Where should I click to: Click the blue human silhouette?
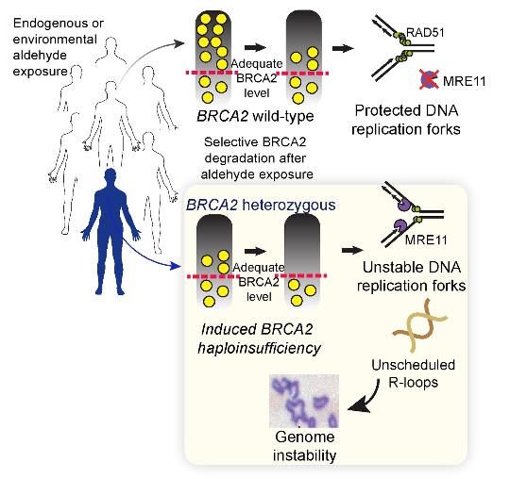(110, 227)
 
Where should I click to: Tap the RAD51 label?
(425, 32)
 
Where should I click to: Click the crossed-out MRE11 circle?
(430, 79)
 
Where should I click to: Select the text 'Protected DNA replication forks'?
(406, 120)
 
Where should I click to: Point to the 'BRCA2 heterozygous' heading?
(261, 205)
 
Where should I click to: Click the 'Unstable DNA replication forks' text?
(412, 276)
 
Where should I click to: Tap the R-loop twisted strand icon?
(420, 325)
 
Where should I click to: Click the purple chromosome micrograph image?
(304, 401)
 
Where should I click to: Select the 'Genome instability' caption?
(304, 446)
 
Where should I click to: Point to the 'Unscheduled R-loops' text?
(413, 373)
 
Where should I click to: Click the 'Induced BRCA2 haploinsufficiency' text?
(259, 339)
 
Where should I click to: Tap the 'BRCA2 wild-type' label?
(255, 116)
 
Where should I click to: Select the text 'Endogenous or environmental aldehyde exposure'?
(58, 47)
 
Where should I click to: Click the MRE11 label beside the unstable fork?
(426, 240)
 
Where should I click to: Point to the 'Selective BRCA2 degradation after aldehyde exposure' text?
(257, 158)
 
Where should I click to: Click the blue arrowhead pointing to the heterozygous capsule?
(176, 266)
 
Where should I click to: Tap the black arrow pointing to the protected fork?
(343, 49)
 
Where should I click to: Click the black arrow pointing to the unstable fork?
(352, 251)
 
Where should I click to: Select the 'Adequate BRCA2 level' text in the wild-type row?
(257, 78)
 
